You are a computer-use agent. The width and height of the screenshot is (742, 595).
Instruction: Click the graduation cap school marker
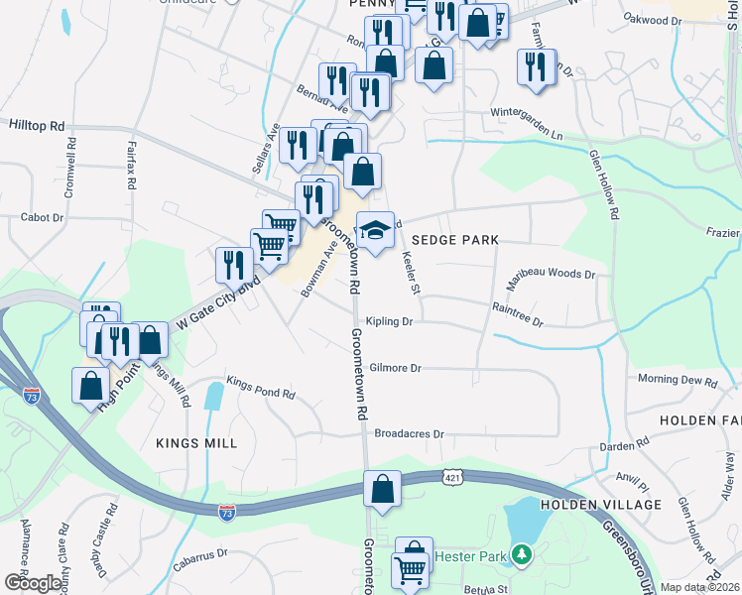(x=374, y=231)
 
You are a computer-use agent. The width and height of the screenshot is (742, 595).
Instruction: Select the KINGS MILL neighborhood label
(x=196, y=443)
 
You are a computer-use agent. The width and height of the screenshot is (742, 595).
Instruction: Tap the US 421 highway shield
(x=451, y=478)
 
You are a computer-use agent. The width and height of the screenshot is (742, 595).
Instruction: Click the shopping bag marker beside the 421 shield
(x=382, y=489)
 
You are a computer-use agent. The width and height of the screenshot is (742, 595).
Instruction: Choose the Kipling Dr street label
(x=388, y=321)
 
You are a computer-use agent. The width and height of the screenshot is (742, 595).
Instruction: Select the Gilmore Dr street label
(x=395, y=368)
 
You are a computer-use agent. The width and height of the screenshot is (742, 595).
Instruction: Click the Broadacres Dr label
(x=409, y=433)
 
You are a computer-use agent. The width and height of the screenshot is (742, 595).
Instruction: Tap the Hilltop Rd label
(x=37, y=126)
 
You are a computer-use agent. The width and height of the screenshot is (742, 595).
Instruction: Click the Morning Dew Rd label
(x=678, y=380)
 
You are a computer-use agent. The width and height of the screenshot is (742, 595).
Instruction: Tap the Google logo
(x=33, y=583)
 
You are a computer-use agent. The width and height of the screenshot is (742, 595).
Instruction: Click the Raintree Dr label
(x=518, y=315)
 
